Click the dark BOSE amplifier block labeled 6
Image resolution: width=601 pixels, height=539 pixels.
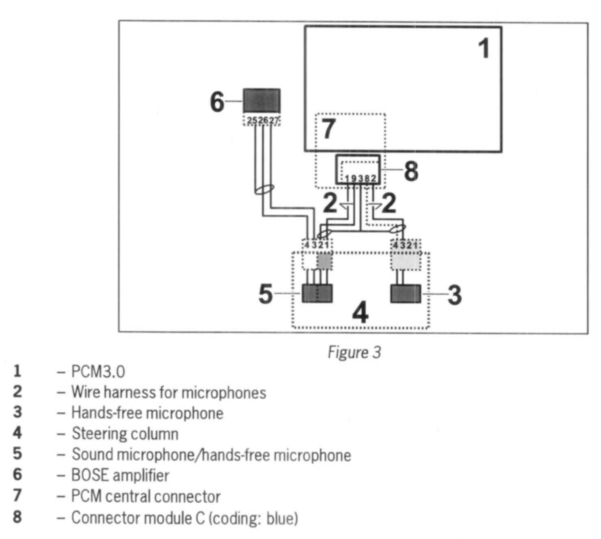point(262,100)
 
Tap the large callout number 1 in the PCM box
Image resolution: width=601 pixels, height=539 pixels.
point(483,49)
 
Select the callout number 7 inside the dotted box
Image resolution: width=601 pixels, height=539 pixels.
point(328,129)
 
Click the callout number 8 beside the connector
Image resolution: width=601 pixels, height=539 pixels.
point(411,171)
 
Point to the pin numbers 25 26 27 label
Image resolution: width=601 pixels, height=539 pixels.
point(262,121)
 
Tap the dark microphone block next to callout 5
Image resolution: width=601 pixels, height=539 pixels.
point(317,293)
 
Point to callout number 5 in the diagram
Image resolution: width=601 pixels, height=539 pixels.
point(266,293)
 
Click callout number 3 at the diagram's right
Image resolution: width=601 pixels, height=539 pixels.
point(454,295)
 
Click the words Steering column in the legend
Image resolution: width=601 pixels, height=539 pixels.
point(125,433)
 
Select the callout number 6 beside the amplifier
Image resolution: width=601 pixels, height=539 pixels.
point(217,101)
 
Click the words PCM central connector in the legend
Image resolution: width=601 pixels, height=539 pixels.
point(146,496)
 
